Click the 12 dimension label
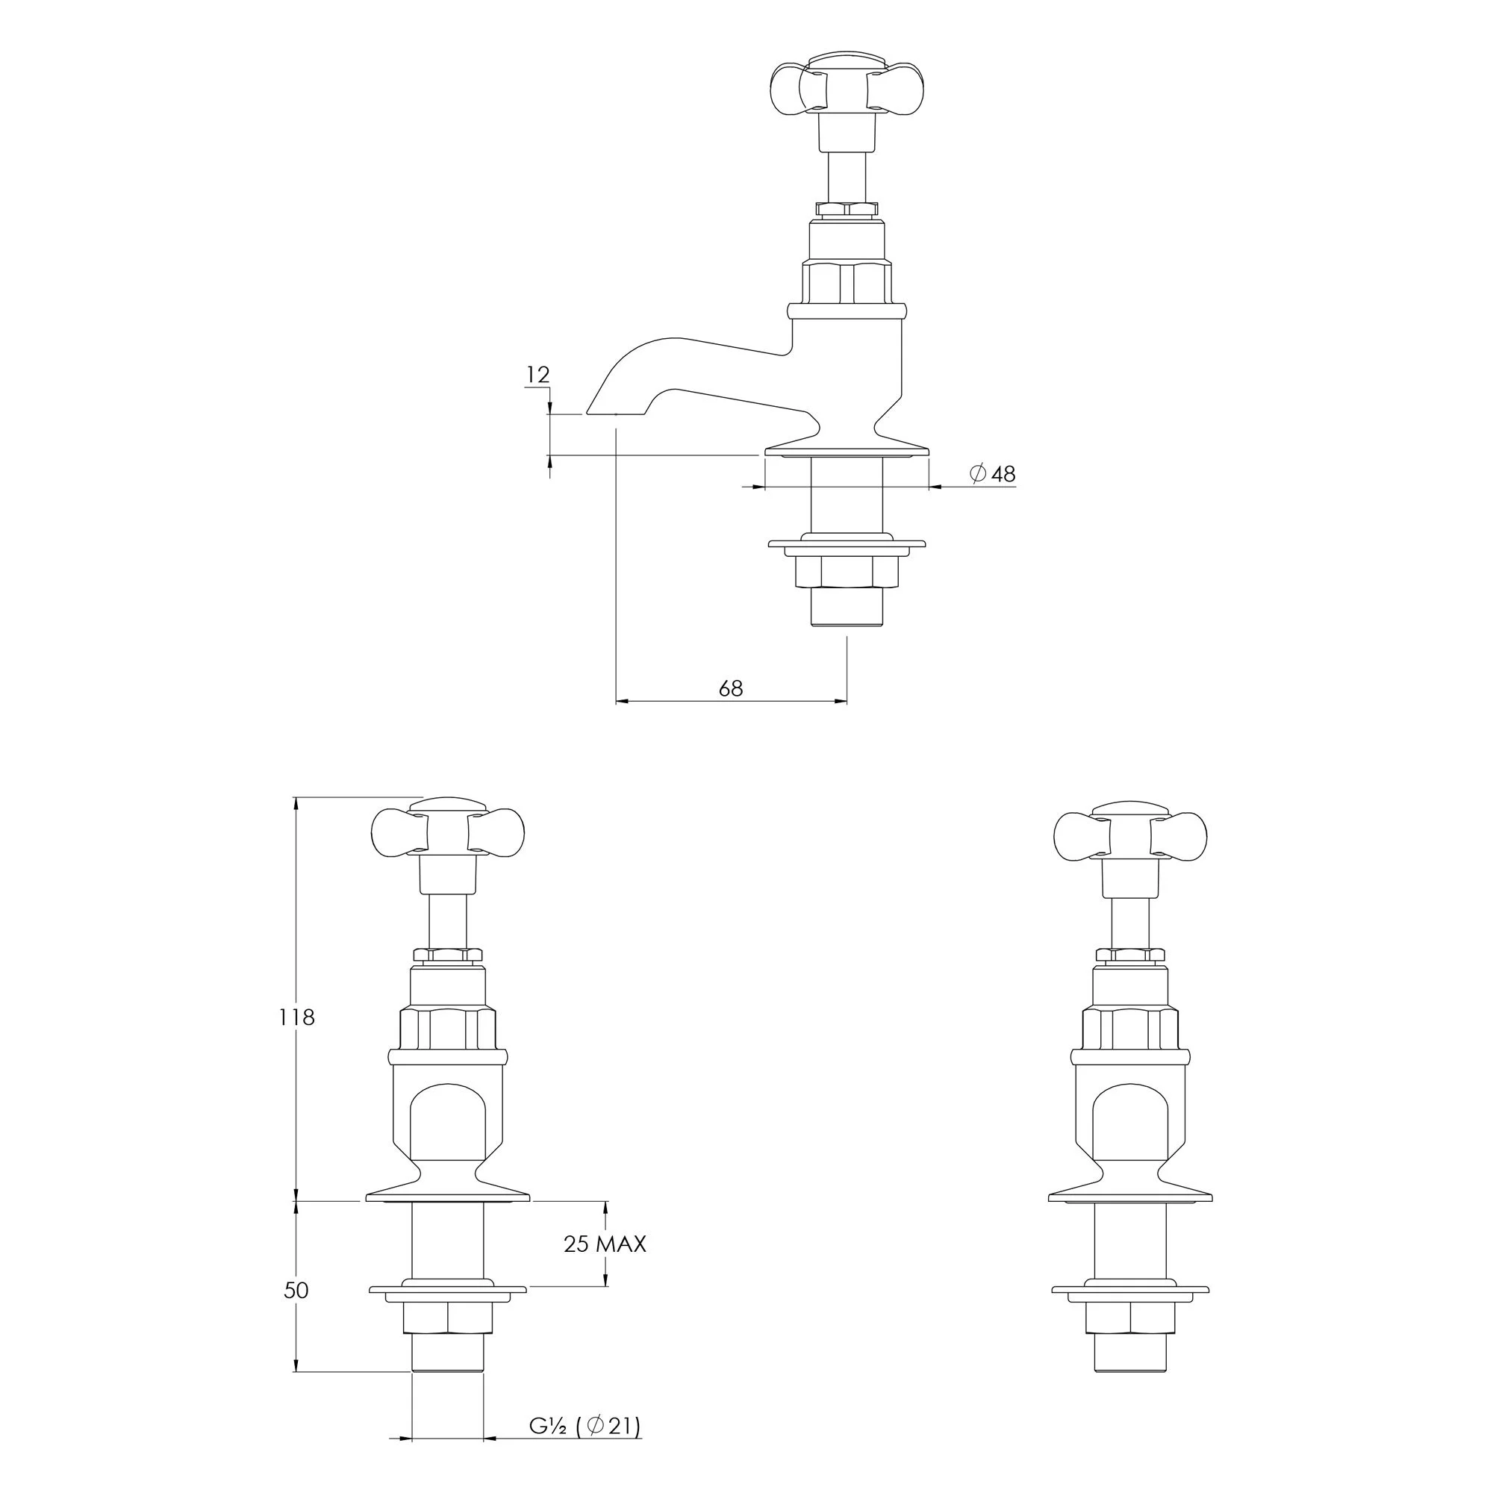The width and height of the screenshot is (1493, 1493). [537, 375]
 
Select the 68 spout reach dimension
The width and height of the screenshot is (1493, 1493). [730, 688]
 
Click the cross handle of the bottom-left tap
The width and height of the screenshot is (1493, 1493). [447, 832]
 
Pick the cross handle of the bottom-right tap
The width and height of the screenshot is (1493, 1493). [1130, 832]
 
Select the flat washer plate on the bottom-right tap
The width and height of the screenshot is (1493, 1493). [1129, 1290]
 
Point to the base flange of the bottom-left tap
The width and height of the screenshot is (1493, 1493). [447, 1196]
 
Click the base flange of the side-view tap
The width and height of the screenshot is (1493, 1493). [847, 449]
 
